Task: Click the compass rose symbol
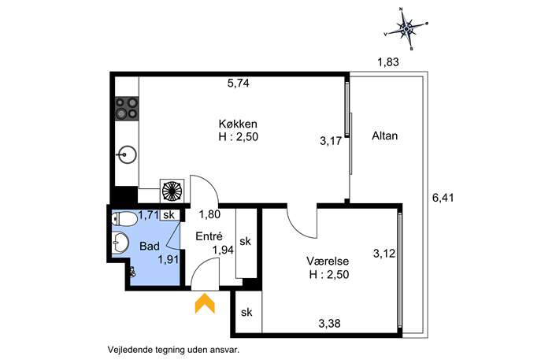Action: [407, 28]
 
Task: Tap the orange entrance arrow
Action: [205, 303]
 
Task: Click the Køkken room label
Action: [238, 124]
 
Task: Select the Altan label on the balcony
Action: [385, 135]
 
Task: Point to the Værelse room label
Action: [328, 261]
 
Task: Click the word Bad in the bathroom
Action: [150, 246]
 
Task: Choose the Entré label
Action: [209, 236]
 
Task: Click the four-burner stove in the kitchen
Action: [127, 108]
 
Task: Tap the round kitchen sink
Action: [127, 154]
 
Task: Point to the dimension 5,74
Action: [238, 84]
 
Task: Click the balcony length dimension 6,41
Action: [443, 198]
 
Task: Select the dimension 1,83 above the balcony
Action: [388, 62]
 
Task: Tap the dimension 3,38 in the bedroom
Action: [329, 324]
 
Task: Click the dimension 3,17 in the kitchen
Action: [331, 141]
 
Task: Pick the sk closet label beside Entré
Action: [246, 241]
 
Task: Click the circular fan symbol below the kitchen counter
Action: [172, 191]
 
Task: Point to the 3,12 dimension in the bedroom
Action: [384, 254]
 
